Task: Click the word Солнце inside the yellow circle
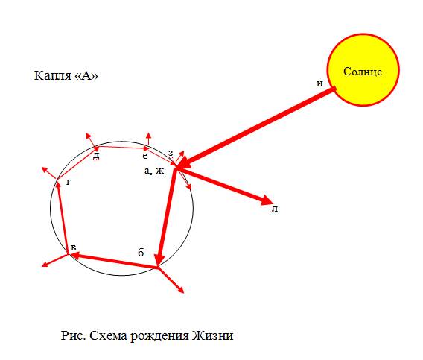[x=363, y=72]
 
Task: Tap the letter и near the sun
[x=319, y=83]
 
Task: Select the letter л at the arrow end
[x=275, y=209]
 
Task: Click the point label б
[x=141, y=253]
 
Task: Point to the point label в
[x=73, y=247]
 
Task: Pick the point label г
[x=69, y=183]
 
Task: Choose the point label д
[x=96, y=156]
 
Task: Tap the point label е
[x=145, y=156]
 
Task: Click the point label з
[x=171, y=154]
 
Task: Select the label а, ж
[x=154, y=171]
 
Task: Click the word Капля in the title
[x=52, y=75]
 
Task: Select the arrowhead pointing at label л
[x=267, y=200]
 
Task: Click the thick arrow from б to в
[x=113, y=261]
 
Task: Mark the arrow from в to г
[x=63, y=218]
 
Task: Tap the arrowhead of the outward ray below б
[x=181, y=290]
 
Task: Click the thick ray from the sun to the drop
[x=256, y=128]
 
